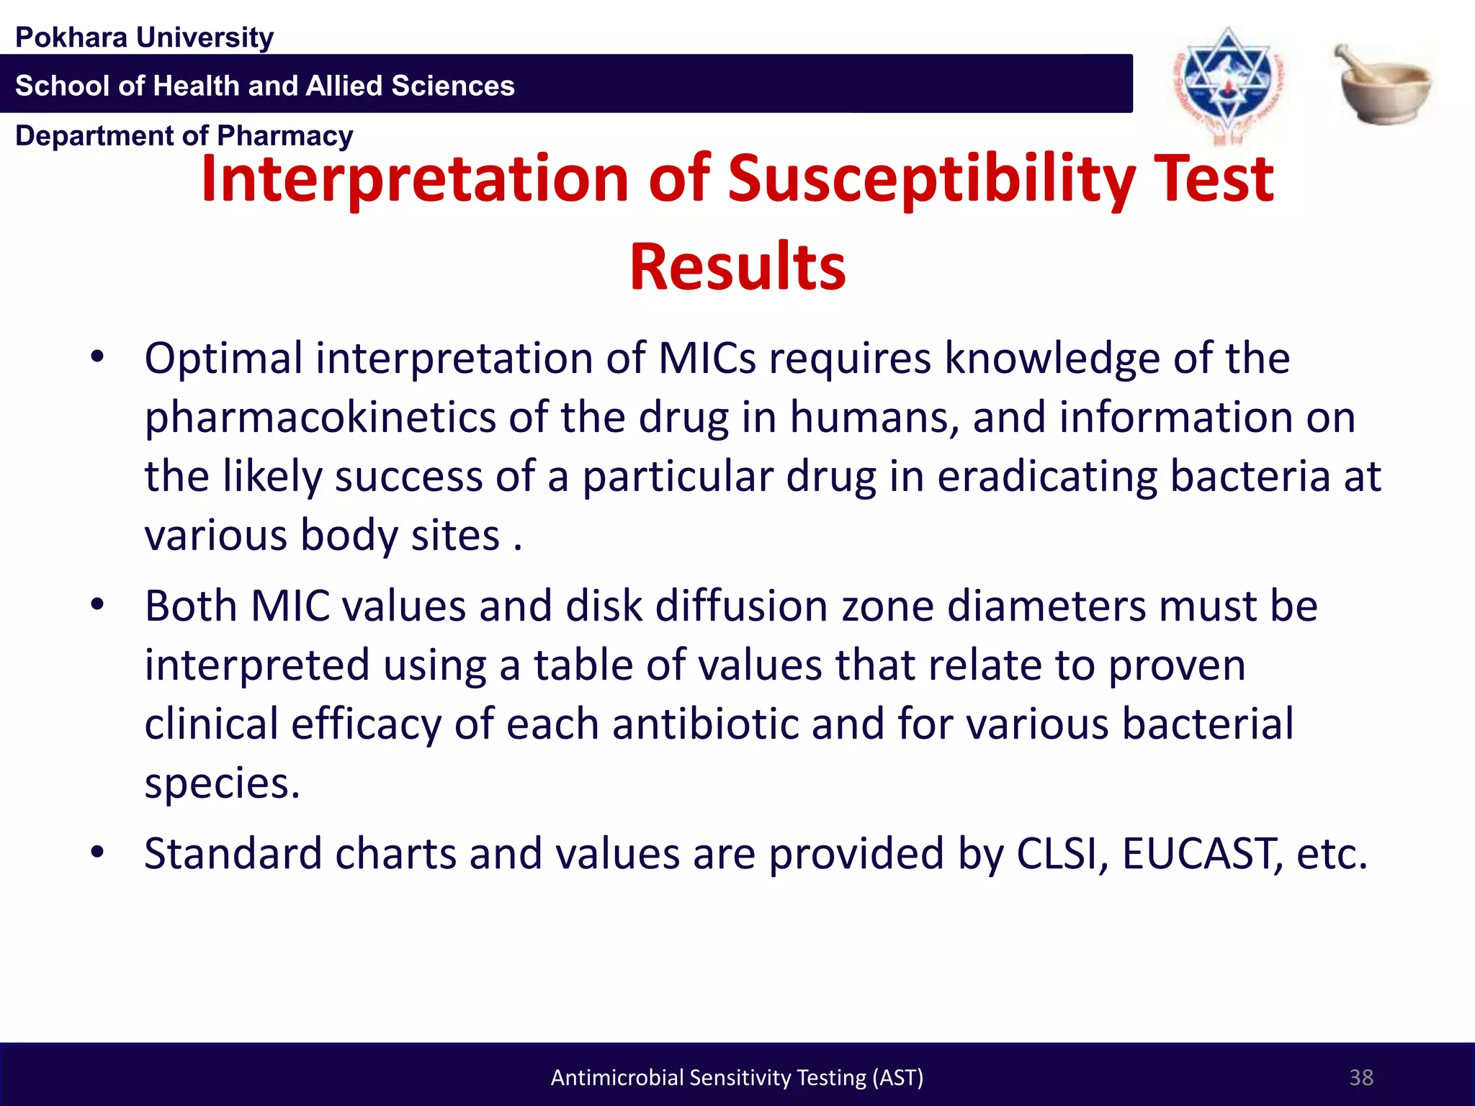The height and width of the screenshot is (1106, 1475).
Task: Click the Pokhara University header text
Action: (144, 37)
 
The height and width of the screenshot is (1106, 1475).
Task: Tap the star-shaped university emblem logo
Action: (1228, 83)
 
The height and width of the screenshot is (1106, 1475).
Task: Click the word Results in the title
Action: (737, 267)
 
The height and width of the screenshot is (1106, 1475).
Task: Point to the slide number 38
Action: (1360, 1077)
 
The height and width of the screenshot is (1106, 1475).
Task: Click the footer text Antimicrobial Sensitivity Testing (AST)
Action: (737, 1077)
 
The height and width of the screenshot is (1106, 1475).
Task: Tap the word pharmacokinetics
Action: (320, 418)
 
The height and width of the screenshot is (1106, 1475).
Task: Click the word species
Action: (221, 783)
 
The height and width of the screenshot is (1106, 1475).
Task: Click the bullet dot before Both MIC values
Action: (98, 606)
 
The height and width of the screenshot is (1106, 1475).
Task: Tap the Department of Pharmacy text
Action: (184, 136)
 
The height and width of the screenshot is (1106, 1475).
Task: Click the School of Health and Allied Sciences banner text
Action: (265, 86)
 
